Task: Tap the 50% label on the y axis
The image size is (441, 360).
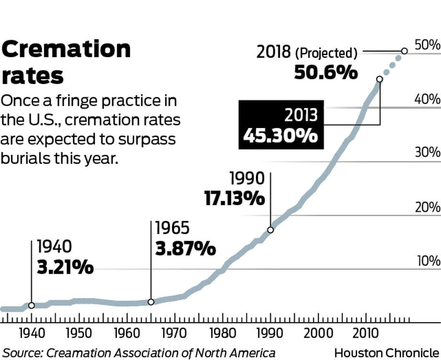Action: click(428, 46)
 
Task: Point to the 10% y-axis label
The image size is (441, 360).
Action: click(428, 262)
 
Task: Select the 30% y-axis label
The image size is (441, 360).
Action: click(428, 153)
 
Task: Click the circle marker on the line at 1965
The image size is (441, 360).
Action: click(151, 302)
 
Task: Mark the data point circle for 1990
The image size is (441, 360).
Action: click(270, 230)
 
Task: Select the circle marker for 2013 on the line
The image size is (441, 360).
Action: click(380, 79)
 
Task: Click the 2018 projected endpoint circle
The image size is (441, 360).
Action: click(404, 51)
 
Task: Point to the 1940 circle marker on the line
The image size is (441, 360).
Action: click(32, 305)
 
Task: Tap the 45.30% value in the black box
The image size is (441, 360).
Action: click(280, 136)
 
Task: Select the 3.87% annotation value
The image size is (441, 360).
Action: click(185, 249)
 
